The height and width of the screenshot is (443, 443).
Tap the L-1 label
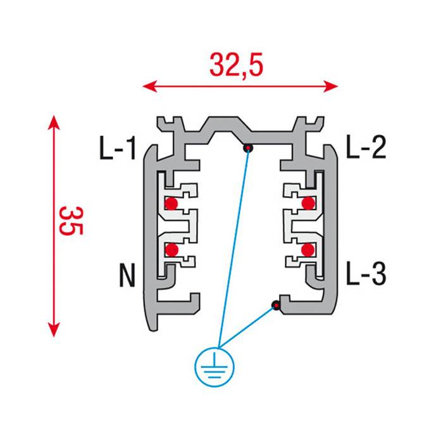click(x=118, y=149)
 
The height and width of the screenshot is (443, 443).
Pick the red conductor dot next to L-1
click(x=171, y=204)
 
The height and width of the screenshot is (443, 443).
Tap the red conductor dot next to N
click(x=171, y=250)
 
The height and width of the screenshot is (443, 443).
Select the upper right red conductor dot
click(x=308, y=203)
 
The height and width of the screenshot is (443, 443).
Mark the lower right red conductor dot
click(x=308, y=250)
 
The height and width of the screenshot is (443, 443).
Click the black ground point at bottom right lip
click(x=276, y=306)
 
